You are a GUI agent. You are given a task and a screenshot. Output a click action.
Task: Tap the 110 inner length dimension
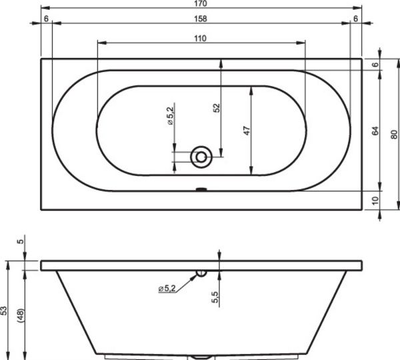pyautogui.click(x=200, y=38)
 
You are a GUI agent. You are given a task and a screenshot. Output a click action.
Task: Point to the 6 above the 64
pyautogui.click(x=375, y=65)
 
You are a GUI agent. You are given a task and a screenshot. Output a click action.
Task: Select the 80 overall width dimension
pyautogui.click(x=394, y=133)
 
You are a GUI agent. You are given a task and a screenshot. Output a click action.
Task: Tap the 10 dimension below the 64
pyautogui.click(x=375, y=200)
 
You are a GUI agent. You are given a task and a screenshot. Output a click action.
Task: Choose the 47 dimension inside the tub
pyautogui.click(x=246, y=130)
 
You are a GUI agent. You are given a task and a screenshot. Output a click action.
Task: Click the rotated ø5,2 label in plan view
pyautogui.click(x=170, y=115)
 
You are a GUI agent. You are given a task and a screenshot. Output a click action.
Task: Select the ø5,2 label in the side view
pyautogui.click(x=167, y=288)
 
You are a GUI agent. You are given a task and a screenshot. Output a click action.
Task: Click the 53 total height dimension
pyautogui.click(x=4, y=311)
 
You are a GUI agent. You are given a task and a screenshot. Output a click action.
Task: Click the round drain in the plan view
pyautogui.click(x=201, y=157)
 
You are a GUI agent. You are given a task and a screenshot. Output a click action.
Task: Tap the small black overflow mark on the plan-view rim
pyautogui.click(x=201, y=189)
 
